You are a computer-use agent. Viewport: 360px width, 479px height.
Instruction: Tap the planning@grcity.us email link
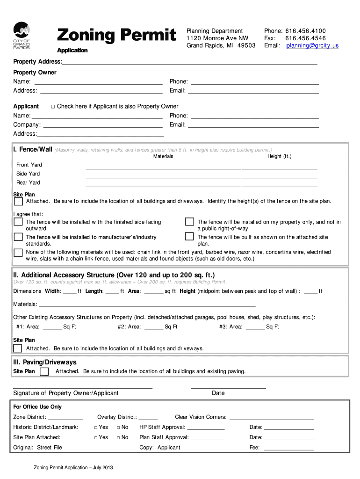[x=312, y=45]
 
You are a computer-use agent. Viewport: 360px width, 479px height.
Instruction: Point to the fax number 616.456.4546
[x=305, y=38]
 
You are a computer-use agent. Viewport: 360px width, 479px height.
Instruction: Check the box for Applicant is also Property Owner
[x=53, y=107]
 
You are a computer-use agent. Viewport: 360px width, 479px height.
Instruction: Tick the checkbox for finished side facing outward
[x=18, y=222]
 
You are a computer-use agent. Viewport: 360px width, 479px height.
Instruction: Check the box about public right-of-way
[x=189, y=222]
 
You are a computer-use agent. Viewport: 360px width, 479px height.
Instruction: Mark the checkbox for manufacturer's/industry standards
[x=18, y=237]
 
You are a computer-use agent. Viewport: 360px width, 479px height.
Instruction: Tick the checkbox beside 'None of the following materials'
[x=18, y=252]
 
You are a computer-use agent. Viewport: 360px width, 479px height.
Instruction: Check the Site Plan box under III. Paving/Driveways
[x=44, y=371]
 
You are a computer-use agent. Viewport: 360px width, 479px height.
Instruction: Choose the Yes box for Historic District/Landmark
[x=95, y=428]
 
